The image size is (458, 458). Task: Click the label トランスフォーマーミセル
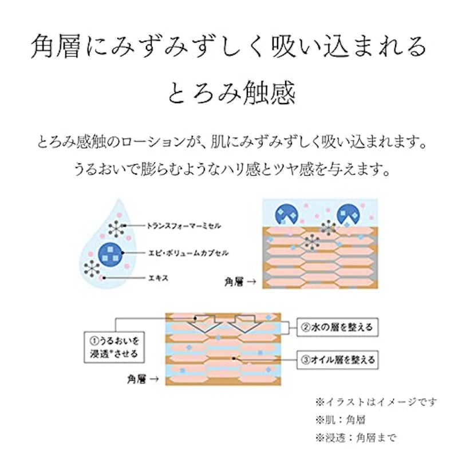pos(183,226)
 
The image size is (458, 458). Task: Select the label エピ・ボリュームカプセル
pos(188,253)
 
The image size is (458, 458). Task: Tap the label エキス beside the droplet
pos(159,278)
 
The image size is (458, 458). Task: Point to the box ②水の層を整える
pos(337,327)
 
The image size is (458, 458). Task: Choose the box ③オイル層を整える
pos(337,360)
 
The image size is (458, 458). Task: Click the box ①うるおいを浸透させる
pos(114,347)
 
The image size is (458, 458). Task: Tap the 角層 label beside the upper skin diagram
pos(234,282)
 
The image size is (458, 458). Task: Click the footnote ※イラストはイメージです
pos(376,402)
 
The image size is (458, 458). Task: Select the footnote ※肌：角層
pos(340,420)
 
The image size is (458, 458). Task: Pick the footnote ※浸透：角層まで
pos(356,437)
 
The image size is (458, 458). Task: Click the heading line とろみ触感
pos(232,92)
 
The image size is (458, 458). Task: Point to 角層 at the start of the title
pos(56,47)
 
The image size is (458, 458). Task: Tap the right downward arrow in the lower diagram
pos(245,323)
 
